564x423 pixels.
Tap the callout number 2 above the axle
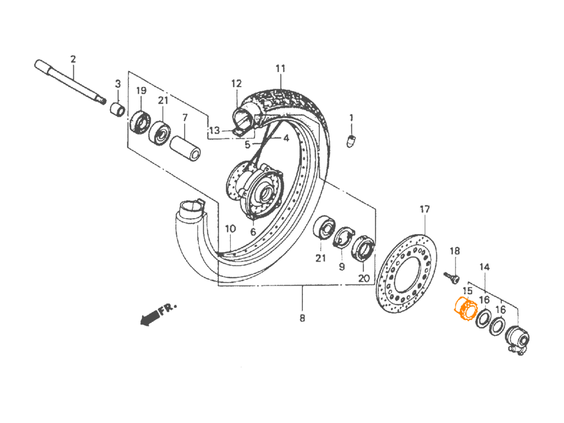point(73,59)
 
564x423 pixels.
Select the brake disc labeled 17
point(407,274)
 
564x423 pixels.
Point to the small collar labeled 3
point(117,110)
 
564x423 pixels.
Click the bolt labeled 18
point(452,277)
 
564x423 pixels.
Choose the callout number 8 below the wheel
point(302,318)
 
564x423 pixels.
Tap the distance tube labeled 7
point(185,148)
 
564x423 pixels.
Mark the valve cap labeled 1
point(351,141)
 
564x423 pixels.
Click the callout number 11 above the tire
point(280,68)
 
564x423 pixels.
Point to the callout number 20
point(364,278)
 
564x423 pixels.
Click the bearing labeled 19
point(140,122)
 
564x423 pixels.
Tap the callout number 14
point(485,267)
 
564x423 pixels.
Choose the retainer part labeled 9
point(344,237)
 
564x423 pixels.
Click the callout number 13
point(214,130)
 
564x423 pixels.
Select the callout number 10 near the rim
point(230,229)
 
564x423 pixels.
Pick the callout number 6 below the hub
point(253,232)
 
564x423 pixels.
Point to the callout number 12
point(236,84)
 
